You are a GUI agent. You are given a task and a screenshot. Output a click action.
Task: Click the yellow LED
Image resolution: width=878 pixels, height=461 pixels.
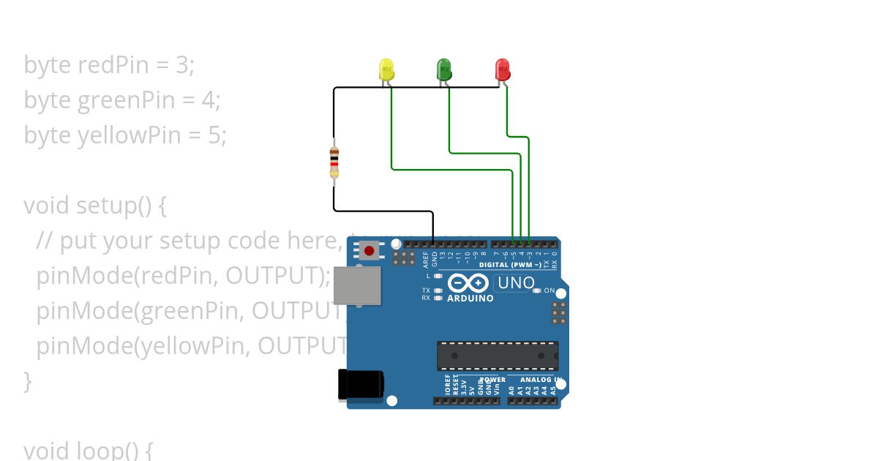pos(387,70)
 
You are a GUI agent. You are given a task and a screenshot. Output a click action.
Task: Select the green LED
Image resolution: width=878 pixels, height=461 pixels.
pos(444,70)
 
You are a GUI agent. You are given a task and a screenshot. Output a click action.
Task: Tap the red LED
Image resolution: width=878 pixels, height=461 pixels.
pos(503,70)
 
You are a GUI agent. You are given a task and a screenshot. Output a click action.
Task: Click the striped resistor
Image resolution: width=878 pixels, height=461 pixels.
pos(334,162)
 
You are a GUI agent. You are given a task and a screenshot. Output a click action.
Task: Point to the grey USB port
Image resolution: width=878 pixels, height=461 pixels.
pos(357,285)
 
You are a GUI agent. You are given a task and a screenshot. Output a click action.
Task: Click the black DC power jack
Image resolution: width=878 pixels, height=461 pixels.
pos(361,385)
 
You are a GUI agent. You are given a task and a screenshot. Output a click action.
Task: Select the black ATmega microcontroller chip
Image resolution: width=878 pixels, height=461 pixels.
pos(498,355)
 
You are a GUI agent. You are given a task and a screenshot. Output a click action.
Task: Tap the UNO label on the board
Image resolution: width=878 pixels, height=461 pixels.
pos(516,282)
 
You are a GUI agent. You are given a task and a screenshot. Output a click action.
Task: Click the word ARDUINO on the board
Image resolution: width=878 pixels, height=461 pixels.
pos(470,299)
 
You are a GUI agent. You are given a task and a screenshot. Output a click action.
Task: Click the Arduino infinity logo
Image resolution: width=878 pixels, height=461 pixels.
pos(468,283)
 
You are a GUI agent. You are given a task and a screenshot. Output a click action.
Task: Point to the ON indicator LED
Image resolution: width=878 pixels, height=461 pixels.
pos(537,291)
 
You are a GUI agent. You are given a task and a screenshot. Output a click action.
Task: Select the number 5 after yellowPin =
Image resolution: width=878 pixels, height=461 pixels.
pos(217,135)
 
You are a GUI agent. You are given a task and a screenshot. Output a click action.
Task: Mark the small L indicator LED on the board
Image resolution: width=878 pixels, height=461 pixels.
pos(438,276)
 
